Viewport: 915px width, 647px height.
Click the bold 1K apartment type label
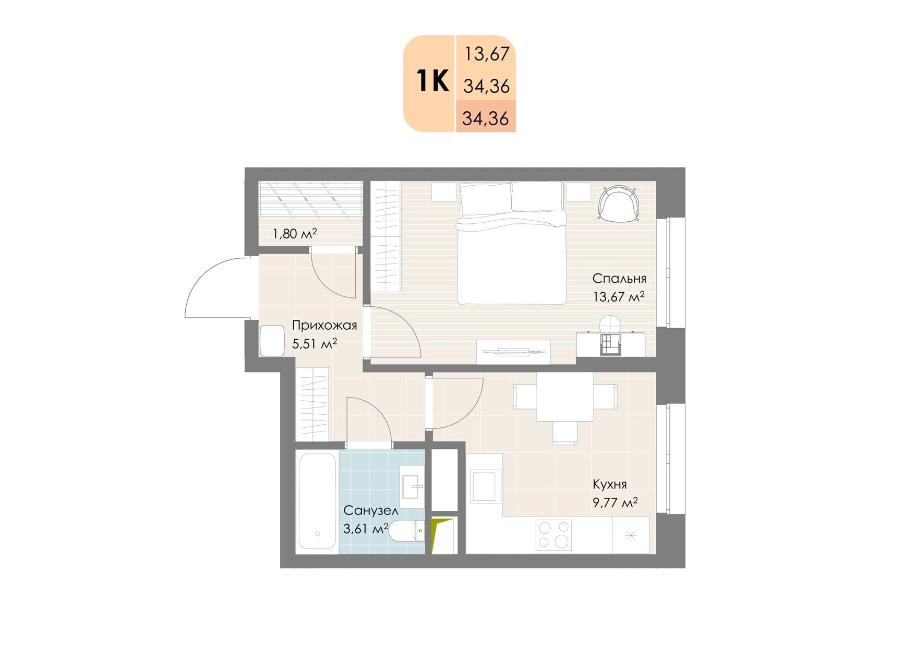(x=432, y=81)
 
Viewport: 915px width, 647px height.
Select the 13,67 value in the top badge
(x=487, y=54)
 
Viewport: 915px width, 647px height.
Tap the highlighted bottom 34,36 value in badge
(x=485, y=118)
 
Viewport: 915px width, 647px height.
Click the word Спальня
(x=619, y=279)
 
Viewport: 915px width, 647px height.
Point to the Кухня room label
(x=609, y=484)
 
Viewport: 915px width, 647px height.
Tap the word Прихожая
(x=324, y=326)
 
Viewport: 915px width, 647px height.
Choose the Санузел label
(x=371, y=510)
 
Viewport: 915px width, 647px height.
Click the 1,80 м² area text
(x=295, y=233)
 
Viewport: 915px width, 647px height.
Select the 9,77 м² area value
(x=615, y=502)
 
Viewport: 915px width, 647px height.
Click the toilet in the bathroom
(x=407, y=531)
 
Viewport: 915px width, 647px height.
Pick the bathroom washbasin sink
(x=412, y=487)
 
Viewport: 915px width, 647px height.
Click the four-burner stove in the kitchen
(x=553, y=535)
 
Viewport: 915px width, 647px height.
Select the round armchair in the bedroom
(x=619, y=203)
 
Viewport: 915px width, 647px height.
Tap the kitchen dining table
(x=565, y=397)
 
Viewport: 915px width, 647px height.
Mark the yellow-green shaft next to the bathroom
(x=442, y=535)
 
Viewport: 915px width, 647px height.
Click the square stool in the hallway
(x=272, y=340)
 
